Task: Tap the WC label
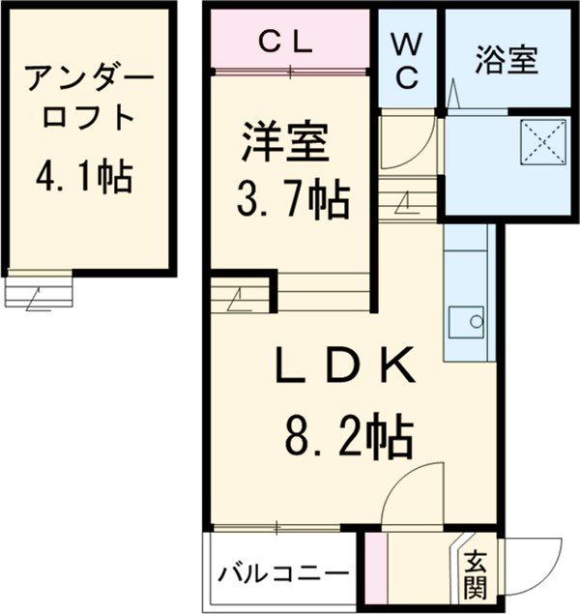click(x=407, y=60)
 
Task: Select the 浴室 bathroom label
click(x=506, y=61)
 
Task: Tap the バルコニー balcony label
click(x=281, y=573)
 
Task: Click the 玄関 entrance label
click(x=474, y=574)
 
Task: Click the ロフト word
click(x=84, y=117)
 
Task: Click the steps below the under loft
click(x=39, y=291)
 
